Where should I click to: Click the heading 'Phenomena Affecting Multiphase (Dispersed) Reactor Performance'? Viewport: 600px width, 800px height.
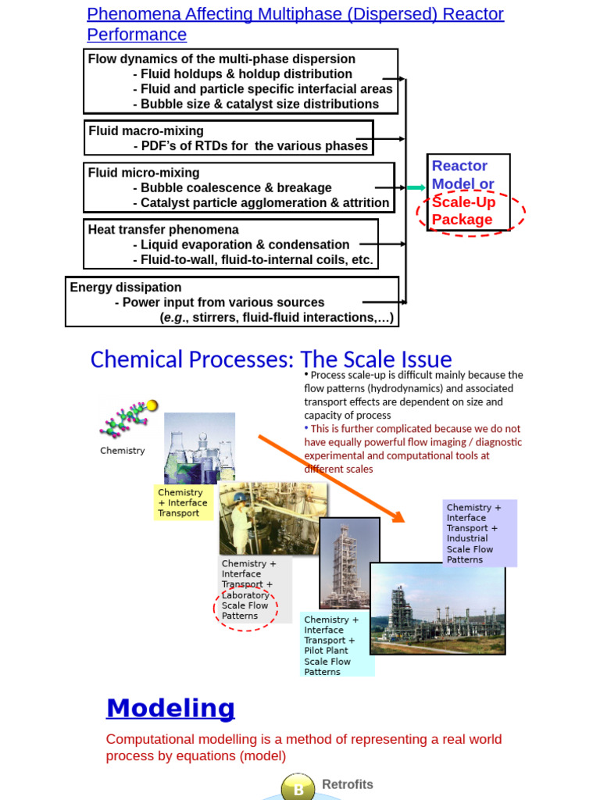click(295, 24)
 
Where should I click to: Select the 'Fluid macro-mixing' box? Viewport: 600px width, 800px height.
click(228, 138)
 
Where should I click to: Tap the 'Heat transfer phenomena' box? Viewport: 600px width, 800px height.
click(231, 245)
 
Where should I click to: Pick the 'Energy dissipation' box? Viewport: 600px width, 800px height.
click(232, 302)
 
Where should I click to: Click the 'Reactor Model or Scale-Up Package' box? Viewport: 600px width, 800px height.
click(468, 192)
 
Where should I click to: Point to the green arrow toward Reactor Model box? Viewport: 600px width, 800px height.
click(416, 187)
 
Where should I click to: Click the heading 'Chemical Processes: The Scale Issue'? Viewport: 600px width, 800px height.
click(271, 359)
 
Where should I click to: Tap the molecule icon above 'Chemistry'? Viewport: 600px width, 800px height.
click(127, 420)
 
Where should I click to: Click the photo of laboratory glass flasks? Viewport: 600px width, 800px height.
click(199, 447)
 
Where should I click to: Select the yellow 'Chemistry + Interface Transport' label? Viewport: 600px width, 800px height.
click(183, 502)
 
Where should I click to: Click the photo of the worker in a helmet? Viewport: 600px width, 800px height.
click(272, 518)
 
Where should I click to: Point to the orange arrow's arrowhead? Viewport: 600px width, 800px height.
click(398, 516)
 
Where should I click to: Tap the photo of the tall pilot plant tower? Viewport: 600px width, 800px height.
click(348, 562)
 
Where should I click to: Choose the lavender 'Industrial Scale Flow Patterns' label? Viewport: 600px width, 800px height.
click(479, 534)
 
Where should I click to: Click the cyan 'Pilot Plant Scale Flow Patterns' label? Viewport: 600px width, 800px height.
click(336, 645)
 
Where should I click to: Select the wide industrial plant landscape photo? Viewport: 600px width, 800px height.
click(437, 608)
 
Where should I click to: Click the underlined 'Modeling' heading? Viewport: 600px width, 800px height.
click(170, 708)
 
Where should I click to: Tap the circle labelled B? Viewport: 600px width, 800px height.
click(298, 789)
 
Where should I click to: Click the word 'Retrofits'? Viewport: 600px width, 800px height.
click(348, 784)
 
